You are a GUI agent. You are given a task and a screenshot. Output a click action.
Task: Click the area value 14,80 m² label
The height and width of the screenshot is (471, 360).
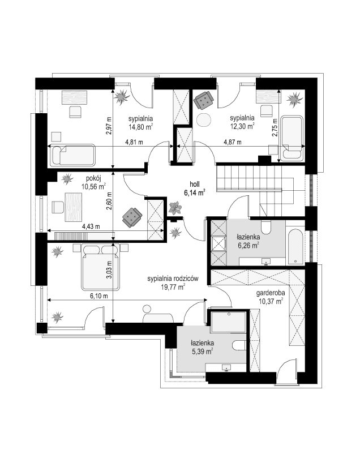tap(139, 127)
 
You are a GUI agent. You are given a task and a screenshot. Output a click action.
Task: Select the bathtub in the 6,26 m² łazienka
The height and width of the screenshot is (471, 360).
tap(294, 246)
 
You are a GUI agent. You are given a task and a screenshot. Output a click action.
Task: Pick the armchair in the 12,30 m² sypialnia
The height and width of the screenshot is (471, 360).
tap(203, 100)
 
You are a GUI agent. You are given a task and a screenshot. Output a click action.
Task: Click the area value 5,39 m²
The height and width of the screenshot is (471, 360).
tap(202, 351)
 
